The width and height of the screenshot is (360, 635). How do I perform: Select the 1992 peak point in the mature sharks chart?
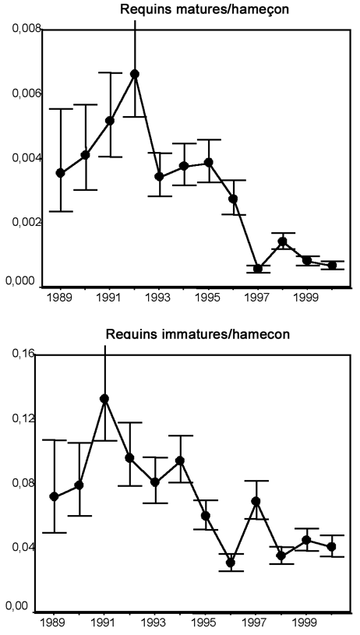point(135,74)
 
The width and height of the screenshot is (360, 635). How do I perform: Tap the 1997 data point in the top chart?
point(258,269)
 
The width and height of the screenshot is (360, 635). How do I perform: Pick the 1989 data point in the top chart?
point(60,173)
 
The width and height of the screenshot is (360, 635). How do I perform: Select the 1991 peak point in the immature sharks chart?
point(104,399)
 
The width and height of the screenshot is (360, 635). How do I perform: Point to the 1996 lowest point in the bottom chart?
point(231,563)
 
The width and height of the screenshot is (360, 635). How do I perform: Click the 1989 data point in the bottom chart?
point(54,496)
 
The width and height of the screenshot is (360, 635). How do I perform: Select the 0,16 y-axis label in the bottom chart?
point(18,355)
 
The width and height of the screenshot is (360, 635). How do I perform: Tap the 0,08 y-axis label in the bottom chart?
point(18,483)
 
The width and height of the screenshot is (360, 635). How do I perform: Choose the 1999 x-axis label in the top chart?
point(308,298)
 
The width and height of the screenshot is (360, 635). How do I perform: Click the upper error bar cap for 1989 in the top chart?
point(60,109)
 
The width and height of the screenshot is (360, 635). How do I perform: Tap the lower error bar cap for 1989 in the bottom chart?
point(54,533)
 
